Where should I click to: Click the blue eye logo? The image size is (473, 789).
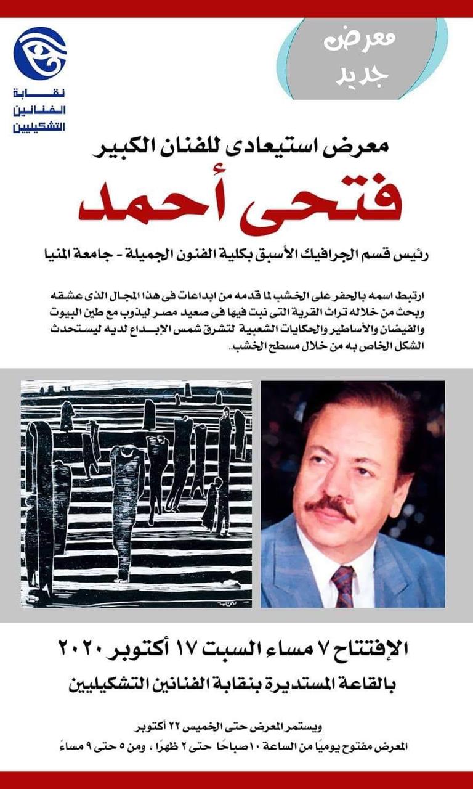(39, 54)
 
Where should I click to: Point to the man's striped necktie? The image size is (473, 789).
(344, 584)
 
